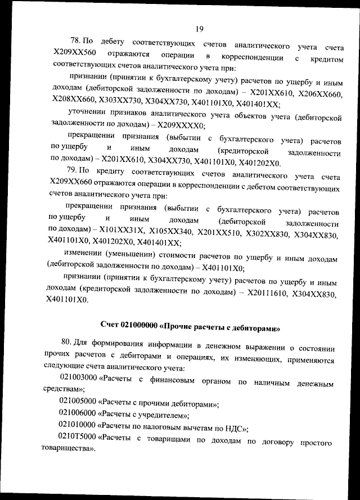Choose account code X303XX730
121,105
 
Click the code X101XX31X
122,230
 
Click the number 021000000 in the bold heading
139,325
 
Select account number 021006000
78,415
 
